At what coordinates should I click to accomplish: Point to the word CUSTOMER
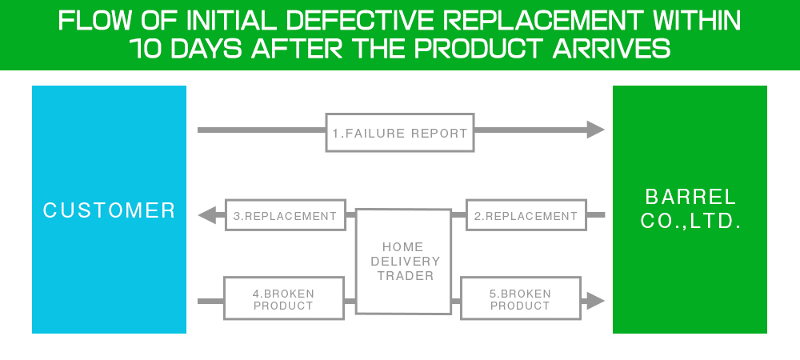click(109, 210)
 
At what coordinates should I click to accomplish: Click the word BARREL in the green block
click(690, 197)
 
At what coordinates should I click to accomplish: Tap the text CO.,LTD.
click(690, 222)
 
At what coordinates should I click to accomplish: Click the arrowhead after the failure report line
click(595, 130)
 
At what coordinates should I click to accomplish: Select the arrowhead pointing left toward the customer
click(207, 215)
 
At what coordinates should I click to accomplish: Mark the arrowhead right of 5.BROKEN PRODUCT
click(595, 301)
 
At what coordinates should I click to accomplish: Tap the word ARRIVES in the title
click(611, 48)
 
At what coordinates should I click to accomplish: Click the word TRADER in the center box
click(406, 276)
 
